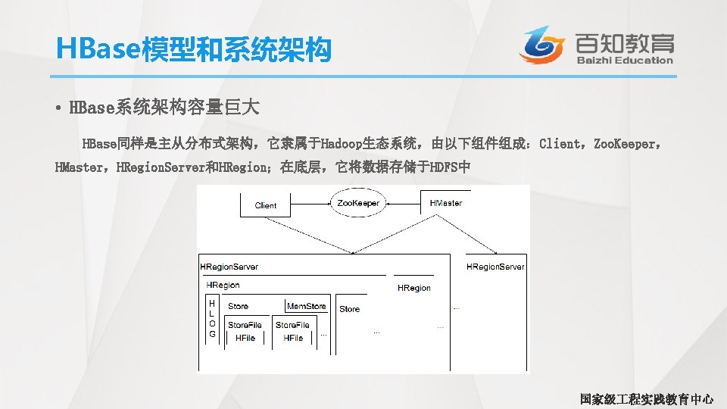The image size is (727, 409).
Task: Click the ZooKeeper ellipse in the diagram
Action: [x=357, y=203]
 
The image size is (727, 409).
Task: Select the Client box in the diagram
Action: [x=266, y=205]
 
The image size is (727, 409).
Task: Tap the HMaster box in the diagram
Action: [x=446, y=203]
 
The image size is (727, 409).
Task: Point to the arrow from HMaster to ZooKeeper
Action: [x=404, y=203]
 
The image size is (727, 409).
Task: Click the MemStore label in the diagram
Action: [x=307, y=306]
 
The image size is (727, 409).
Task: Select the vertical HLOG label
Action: [x=212, y=318]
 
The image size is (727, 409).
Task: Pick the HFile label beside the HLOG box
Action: [x=245, y=338]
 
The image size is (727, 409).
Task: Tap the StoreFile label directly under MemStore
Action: [x=292, y=325]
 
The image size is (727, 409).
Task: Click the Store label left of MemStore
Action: [x=238, y=306]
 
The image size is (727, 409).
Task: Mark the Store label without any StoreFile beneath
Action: [x=350, y=309]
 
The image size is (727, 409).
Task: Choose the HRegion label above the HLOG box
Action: [x=223, y=285]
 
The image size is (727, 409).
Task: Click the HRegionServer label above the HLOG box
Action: [x=229, y=267]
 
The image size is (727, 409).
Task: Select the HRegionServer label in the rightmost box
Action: [x=495, y=267]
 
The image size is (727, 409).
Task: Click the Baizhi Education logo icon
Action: [x=541, y=45]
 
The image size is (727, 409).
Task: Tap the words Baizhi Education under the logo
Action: [x=624, y=60]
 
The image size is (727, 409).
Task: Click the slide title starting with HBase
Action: [x=194, y=50]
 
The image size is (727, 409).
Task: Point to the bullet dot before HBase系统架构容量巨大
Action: [x=58, y=108]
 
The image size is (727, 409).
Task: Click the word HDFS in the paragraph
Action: [x=445, y=166]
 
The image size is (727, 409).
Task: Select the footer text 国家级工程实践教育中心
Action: [x=646, y=398]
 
